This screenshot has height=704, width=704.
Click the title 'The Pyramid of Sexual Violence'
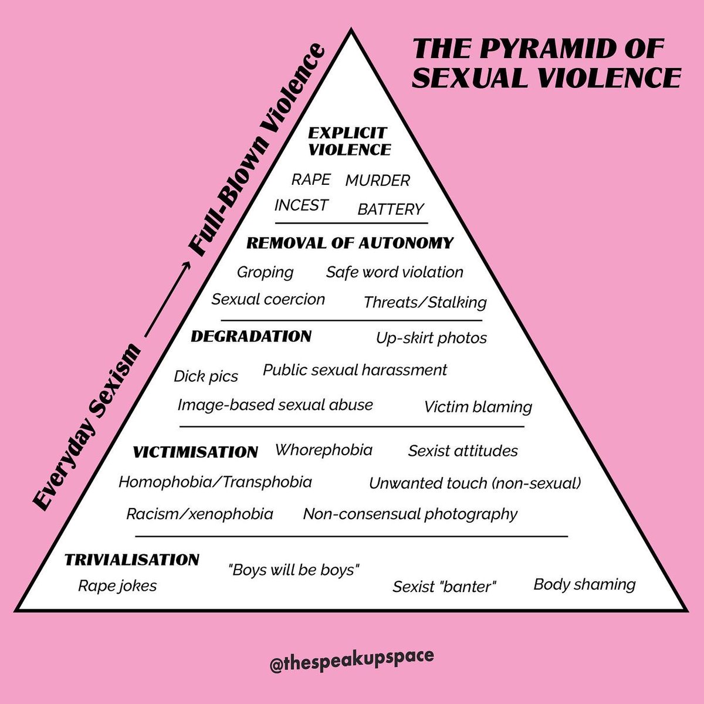[x=547, y=63]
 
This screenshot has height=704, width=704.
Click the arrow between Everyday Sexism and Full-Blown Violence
[x=168, y=299]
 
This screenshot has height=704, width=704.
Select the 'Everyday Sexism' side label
[x=87, y=426]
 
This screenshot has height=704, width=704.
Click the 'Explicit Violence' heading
[x=349, y=141]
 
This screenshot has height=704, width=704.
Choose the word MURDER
[x=378, y=181]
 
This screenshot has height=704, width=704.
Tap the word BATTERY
[x=391, y=209]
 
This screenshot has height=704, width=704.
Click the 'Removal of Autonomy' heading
[x=350, y=243]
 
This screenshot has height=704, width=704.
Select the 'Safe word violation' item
[x=395, y=272]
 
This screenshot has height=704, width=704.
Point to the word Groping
[x=265, y=273]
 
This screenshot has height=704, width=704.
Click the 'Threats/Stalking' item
[x=425, y=303]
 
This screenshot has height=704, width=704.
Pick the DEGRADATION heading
[x=251, y=337]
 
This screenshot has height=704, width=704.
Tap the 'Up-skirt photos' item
[x=431, y=338]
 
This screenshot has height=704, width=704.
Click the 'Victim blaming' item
[x=478, y=407]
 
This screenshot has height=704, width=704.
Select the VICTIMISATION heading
[x=195, y=452]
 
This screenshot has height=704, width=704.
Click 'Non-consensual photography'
[x=410, y=515]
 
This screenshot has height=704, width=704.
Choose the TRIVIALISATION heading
[x=132, y=560]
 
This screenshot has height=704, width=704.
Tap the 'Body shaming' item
[x=584, y=584]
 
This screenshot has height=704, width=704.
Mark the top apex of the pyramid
[x=351, y=29]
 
